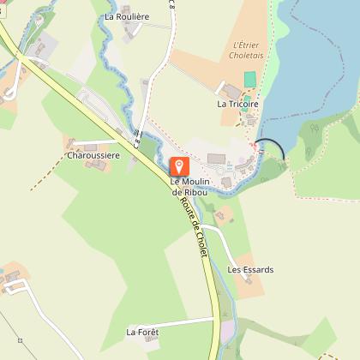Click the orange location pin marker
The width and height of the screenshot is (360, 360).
(x=180, y=165)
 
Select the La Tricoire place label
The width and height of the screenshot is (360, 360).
(x=237, y=103)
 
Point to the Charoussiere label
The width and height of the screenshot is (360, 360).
(x=93, y=155)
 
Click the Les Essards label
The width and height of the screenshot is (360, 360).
(x=250, y=269)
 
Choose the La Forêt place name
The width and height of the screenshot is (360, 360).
(x=143, y=331)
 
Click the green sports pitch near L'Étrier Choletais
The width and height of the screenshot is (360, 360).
(x=250, y=79)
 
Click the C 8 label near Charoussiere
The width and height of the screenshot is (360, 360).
(x=137, y=137)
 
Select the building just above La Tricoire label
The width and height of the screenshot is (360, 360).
(x=231, y=90)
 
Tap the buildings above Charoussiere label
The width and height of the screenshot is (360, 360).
(x=79, y=143)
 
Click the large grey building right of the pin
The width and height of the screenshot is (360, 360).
(x=217, y=159)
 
